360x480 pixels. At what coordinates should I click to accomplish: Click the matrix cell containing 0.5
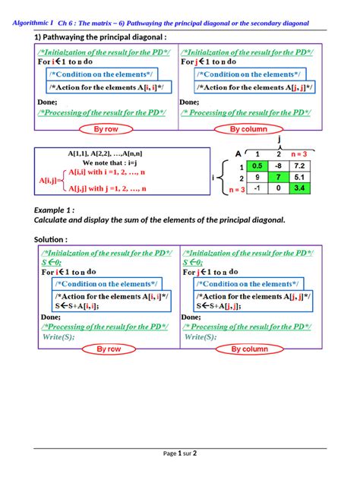[257, 166]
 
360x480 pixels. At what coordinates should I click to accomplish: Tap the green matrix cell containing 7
[279, 177]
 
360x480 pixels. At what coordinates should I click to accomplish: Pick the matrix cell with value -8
[279, 166]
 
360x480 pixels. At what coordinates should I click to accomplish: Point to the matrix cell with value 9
[257, 177]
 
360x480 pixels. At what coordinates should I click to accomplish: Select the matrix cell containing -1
[257, 188]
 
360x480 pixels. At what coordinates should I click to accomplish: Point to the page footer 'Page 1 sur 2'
[180, 453]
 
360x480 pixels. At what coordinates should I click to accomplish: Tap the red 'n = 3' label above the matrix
[298, 153]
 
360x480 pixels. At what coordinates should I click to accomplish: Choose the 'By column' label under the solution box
[249, 349]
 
